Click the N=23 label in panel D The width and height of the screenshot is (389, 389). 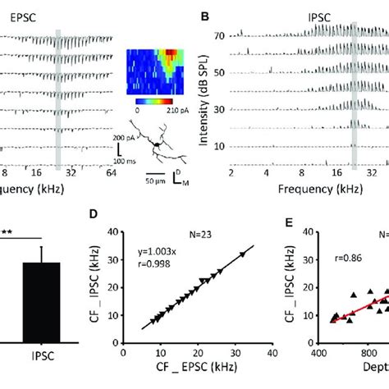click(x=197, y=231)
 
